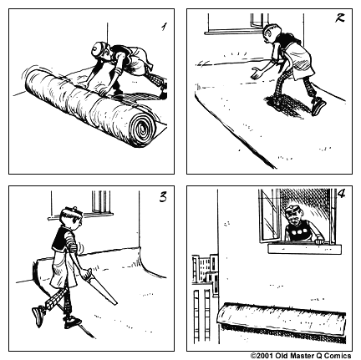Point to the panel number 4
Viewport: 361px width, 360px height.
340,198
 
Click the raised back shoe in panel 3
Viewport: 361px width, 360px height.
38,316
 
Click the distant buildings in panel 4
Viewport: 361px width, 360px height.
204,284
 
